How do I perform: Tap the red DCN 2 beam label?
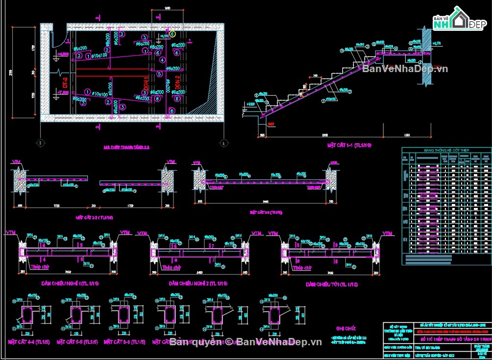click(x=178, y=85)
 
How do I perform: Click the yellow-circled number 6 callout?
click(x=172, y=34)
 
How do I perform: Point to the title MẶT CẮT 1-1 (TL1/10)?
click(x=349, y=146)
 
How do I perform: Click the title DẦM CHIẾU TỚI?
click(x=332, y=284)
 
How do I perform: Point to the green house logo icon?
click(x=460, y=18)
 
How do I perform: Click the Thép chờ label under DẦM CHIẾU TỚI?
click(x=301, y=268)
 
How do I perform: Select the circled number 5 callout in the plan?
click(x=160, y=74)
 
